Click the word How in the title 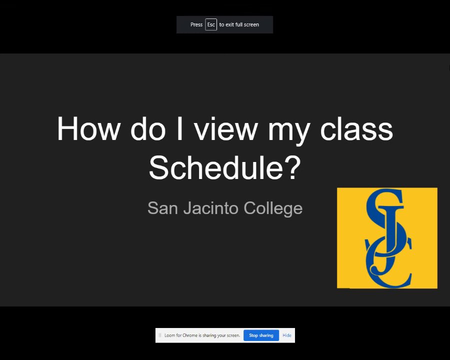pos(88,128)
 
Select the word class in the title pos(356,128)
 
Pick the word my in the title pos(289,132)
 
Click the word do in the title pos(148,128)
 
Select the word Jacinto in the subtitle pos(211,208)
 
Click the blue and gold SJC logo pos(387,238)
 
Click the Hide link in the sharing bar pos(287,335)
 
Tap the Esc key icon pos(211,24)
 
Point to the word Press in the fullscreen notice pos(196,24)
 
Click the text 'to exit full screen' pos(239,24)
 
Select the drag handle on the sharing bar pos(160,335)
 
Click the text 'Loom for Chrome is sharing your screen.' pos(202,335)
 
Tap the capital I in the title pos(180,128)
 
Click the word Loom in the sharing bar pos(169,335)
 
